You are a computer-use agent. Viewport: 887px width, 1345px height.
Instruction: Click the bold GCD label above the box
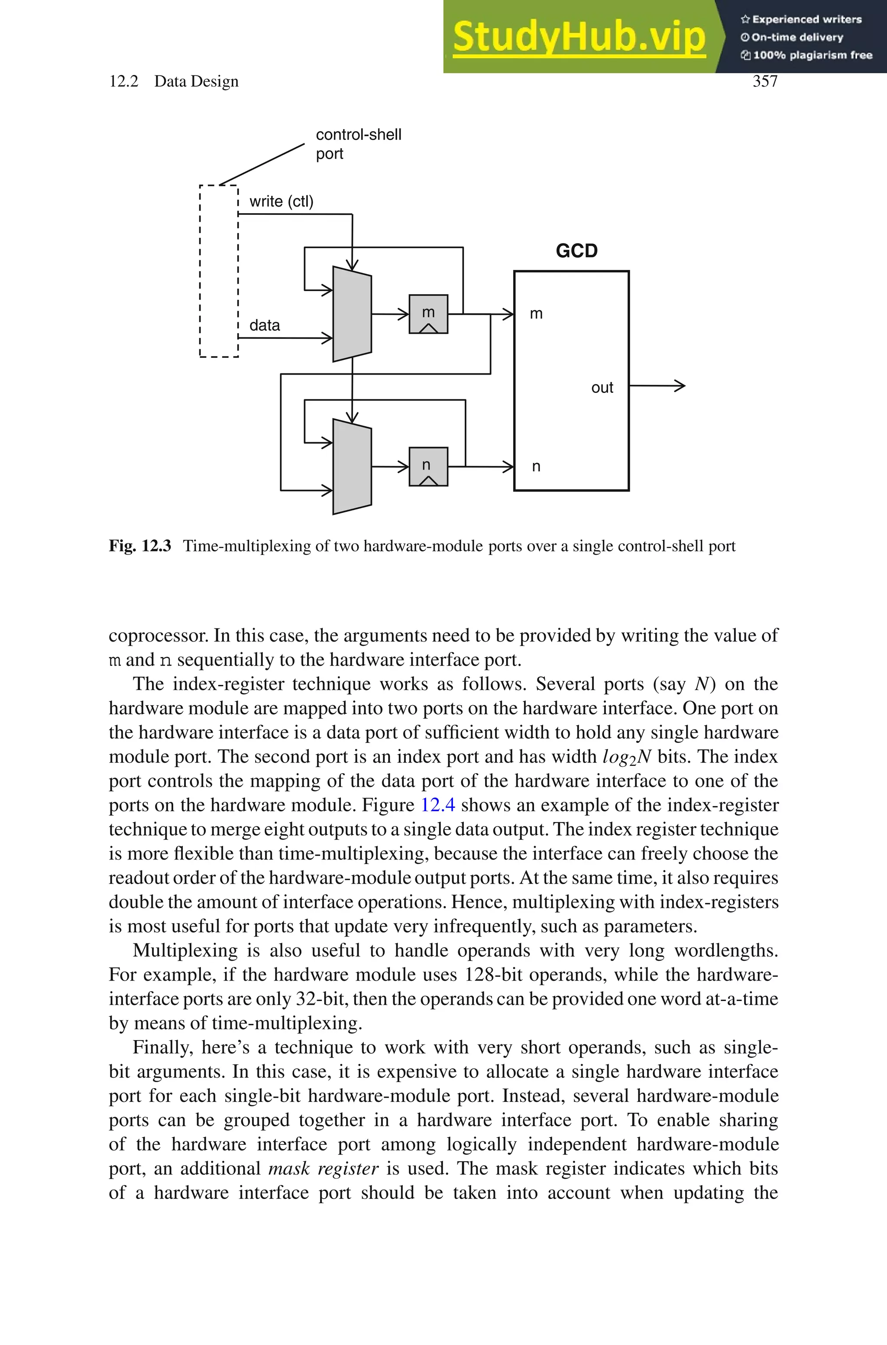[576, 250]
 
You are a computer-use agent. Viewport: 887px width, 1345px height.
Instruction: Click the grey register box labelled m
[428, 314]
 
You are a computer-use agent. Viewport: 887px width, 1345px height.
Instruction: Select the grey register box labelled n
[428, 467]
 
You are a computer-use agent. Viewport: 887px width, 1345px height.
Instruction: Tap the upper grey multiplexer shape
[352, 314]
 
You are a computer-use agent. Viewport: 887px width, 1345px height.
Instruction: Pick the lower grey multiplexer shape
[352, 467]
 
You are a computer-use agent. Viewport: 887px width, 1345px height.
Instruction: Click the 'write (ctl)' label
[281, 201]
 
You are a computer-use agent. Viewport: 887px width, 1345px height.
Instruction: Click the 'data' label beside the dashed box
[265, 325]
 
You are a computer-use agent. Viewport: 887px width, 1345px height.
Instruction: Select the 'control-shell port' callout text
[358, 144]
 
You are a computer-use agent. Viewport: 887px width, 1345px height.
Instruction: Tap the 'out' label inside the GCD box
[602, 387]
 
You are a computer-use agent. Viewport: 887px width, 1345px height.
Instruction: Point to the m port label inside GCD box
[536, 314]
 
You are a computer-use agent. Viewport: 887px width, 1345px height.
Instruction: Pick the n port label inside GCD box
[536, 467]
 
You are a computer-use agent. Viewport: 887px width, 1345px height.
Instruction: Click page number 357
[765, 81]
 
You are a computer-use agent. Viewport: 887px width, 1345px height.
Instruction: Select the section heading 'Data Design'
[196, 81]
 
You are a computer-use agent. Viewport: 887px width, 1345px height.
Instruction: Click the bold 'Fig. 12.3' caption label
[140, 546]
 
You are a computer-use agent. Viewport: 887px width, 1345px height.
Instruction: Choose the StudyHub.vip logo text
[579, 37]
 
